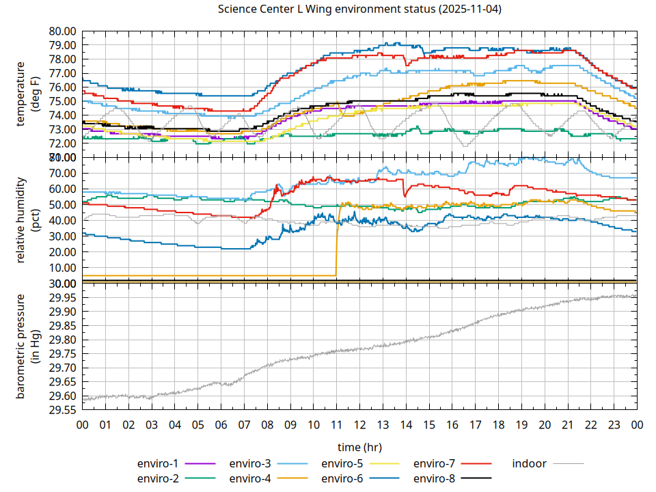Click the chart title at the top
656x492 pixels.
click(x=359, y=10)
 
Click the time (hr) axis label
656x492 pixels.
click(x=359, y=447)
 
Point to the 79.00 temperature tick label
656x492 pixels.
click(x=62, y=45)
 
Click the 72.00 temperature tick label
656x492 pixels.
click(x=62, y=143)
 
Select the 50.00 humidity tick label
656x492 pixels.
click(x=62, y=204)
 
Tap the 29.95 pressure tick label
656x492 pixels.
click(x=62, y=297)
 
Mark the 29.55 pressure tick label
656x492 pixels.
click(x=62, y=410)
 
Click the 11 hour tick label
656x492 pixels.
click(x=336, y=425)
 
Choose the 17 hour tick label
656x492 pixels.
click(x=475, y=425)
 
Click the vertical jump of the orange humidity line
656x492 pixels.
click(x=337, y=239)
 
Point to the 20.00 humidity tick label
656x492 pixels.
click(x=62, y=251)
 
